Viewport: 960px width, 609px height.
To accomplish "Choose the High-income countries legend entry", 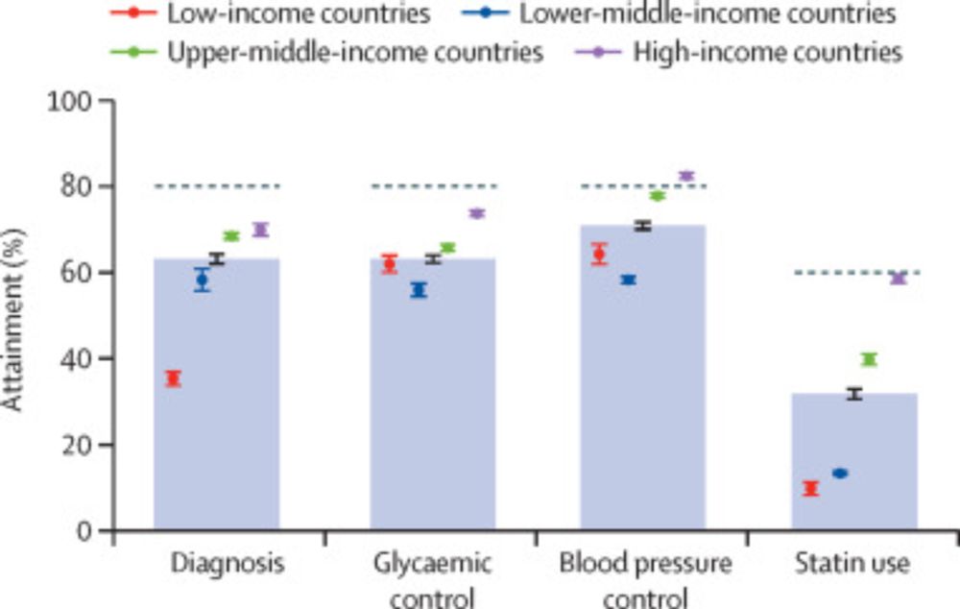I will click(x=749, y=52).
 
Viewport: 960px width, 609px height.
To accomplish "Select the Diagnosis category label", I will click(x=227, y=564).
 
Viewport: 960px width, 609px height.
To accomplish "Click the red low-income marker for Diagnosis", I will click(x=173, y=378).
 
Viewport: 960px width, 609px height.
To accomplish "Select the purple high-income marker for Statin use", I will click(x=898, y=279).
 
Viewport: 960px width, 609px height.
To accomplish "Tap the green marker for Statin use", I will click(x=869, y=359).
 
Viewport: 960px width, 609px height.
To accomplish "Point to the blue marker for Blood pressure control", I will click(x=628, y=280).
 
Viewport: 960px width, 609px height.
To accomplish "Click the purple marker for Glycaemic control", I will click(x=476, y=213).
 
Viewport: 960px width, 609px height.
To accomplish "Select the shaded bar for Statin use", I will click(x=854, y=461).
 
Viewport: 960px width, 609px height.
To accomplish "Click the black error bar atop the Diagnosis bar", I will click(x=217, y=258).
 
